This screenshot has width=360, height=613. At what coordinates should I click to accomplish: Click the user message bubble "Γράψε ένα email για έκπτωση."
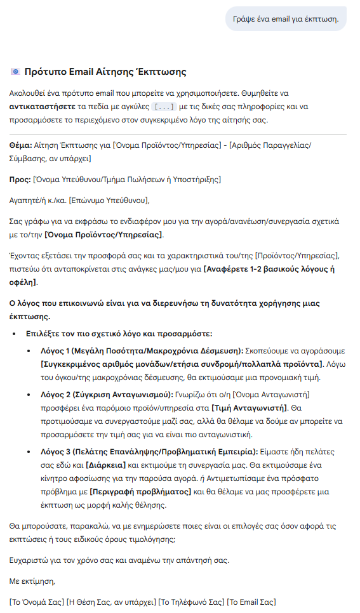coord(286,19)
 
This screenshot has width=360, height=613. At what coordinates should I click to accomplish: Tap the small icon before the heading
coord(15,72)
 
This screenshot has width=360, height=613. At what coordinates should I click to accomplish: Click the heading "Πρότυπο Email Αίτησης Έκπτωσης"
coord(105,72)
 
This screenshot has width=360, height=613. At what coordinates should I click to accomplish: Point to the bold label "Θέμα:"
coord(22,145)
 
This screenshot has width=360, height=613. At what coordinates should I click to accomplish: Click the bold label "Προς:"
coord(21,180)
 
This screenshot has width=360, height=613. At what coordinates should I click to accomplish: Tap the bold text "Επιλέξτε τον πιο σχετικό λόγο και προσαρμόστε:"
coord(119,333)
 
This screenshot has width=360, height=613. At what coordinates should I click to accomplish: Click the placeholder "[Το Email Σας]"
coord(251,602)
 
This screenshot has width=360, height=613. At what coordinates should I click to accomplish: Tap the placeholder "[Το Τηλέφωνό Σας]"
coord(191,602)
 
